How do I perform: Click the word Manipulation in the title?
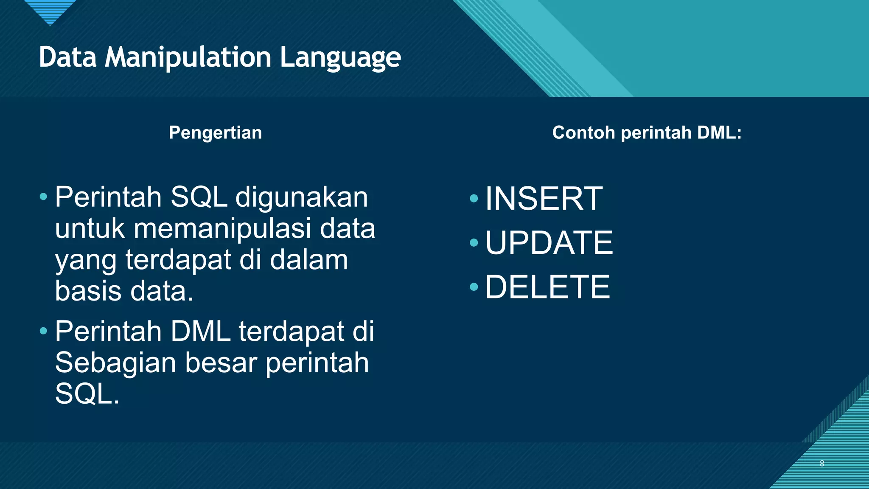point(188,57)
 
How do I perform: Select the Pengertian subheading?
point(215,133)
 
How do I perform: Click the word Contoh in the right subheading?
point(583,133)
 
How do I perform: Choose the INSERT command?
point(544,199)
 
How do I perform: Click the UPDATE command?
point(549,243)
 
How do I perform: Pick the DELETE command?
point(547,287)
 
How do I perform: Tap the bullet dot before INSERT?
point(474,199)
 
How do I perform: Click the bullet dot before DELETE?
point(474,287)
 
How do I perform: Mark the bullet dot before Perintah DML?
point(43,331)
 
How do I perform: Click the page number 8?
point(822,464)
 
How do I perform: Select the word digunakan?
point(302,197)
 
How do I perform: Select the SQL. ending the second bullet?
point(87,394)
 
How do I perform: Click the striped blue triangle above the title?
point(50,11)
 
